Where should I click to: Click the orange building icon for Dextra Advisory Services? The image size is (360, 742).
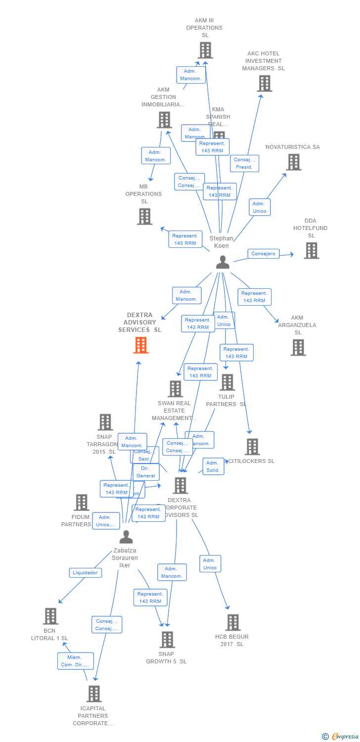[141, 345]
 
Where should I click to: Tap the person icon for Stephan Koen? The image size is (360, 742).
[223, 262]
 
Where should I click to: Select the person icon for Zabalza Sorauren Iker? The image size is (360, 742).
[126, 537]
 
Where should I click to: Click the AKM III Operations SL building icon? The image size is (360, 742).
[205, 50]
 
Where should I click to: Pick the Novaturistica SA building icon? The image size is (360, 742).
[293, 162]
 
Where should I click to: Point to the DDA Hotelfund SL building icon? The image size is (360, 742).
[311, 250]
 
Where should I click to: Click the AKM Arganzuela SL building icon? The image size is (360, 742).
[298, 347]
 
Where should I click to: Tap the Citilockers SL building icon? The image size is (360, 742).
[252, 447]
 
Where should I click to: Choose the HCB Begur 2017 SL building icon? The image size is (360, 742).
[232, 622]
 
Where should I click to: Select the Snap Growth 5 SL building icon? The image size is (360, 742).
[167, 640]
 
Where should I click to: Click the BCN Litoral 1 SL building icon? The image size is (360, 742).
[50, 616]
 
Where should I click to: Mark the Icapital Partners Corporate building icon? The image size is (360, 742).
[93, 694]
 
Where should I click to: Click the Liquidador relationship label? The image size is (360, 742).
[85, 572]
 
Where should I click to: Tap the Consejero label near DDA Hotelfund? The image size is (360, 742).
[263, 254]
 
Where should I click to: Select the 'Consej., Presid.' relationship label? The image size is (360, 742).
[244, 163]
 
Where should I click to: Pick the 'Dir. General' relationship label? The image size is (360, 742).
[146, 472]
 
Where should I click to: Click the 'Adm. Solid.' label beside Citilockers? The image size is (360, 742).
[213, 466]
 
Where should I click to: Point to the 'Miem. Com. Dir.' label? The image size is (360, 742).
[75, 661]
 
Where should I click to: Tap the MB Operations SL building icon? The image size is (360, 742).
[144, 216]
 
